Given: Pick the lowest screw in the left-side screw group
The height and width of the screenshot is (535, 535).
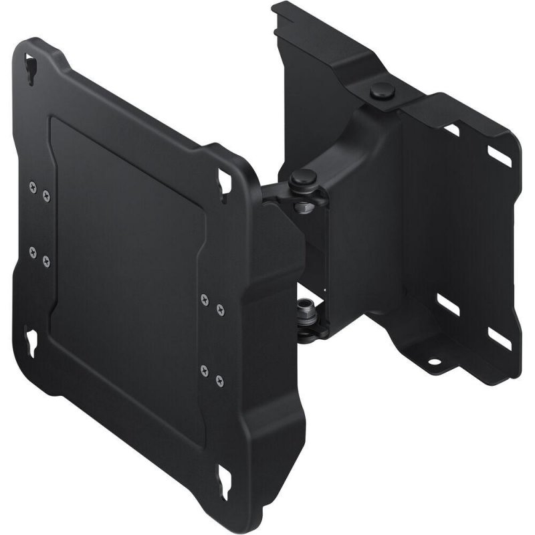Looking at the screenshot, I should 46,262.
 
